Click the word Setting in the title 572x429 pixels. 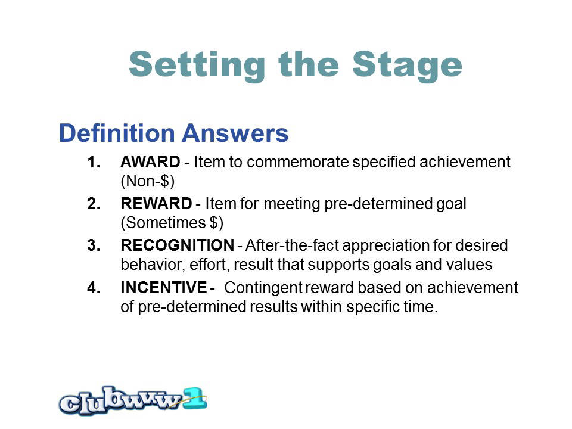197,66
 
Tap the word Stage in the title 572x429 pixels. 407,66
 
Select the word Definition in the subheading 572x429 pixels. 117,133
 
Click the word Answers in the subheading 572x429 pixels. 235,133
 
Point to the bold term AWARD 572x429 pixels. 150,162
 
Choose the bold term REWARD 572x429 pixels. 156,204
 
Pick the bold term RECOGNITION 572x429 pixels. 178,245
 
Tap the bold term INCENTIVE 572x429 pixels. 164,287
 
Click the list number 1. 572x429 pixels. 94,162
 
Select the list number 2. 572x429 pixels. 94,204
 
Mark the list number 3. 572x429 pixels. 94,245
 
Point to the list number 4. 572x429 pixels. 94,287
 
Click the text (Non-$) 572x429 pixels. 148,181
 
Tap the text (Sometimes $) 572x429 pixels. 172,222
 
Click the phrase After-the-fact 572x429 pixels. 292,245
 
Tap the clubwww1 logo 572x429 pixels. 133,401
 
